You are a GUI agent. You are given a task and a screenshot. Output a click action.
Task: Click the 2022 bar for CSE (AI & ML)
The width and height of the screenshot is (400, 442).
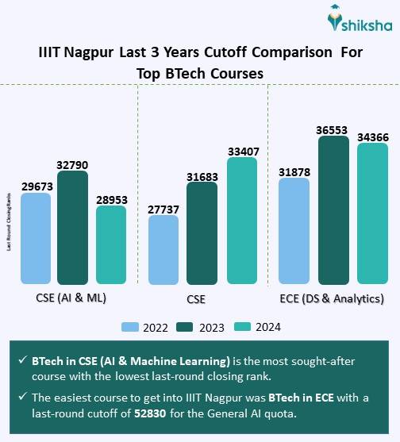point(36,238)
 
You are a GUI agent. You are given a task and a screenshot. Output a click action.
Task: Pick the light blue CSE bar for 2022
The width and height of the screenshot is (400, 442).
point(163,250)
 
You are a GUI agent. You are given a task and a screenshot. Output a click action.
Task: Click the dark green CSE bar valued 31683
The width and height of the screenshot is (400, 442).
point(202,233)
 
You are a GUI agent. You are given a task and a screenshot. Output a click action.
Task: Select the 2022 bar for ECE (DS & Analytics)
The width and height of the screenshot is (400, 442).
point(294,230)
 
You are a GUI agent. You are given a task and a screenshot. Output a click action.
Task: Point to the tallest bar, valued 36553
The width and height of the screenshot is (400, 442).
point(333,209)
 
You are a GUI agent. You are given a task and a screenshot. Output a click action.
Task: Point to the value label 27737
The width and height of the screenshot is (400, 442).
point(163,207)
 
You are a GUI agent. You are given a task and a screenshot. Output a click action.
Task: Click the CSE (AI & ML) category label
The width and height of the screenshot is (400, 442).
point(72,298)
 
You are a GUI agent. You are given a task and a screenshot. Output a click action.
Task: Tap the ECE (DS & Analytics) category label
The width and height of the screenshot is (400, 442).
point(333,298)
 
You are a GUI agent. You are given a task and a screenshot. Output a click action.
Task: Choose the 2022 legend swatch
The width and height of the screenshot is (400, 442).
point(132,327)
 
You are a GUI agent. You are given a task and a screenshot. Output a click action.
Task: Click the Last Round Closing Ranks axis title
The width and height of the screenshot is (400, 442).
point(9,221)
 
